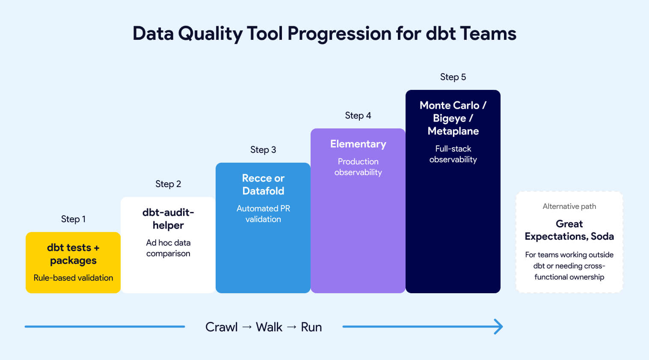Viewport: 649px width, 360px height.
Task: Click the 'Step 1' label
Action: pyautogui.click(x=73, y=219)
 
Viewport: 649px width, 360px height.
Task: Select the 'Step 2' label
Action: pyautogui.click(x=168, y=184)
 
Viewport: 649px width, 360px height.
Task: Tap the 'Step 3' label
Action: pyautogui.click(x=263, y=150)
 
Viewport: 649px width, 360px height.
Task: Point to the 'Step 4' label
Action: pyautogui.click(x=358, y=116)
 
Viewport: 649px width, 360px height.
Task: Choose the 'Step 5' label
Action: pyautogui.click(x=453, y=77)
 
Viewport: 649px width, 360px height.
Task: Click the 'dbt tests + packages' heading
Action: pyautogui.click(x=73, y=254)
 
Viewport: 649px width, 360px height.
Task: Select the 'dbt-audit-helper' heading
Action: pyautogui.click(x=168, y=219)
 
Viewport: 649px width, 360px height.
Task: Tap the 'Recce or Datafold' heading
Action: pyautogui.click(x=263, y=184)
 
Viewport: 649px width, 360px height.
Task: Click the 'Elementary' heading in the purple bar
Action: pyautogui.click(x=358, y=144)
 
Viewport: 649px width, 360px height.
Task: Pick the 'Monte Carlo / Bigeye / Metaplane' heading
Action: pyautogui.click(x=453, y=118)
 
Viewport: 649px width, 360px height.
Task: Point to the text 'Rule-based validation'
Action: pyautogui.click(x=73, y=278)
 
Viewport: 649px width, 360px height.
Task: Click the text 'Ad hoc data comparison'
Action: pyautogui.click(x=168, y=248)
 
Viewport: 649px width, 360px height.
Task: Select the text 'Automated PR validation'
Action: pyautogui.click(x=263, y=214)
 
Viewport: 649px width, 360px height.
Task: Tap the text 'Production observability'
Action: pyautogui.click(x=358, y=167)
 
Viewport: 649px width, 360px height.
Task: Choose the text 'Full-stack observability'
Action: pyautogui.click(x=453, y=154)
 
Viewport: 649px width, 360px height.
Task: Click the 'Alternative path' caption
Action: pyautogui.click(x=569, y=206)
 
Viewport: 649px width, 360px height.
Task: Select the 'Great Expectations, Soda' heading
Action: pyautogui.click(x=569, y=230)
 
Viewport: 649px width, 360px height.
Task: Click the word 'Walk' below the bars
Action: pyautogui.click(x=269, y=327)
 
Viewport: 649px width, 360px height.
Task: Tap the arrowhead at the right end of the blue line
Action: pyautogui.click(x=499, y=327)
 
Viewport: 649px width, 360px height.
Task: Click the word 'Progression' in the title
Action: pyautogui.click(x=339, y=33)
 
